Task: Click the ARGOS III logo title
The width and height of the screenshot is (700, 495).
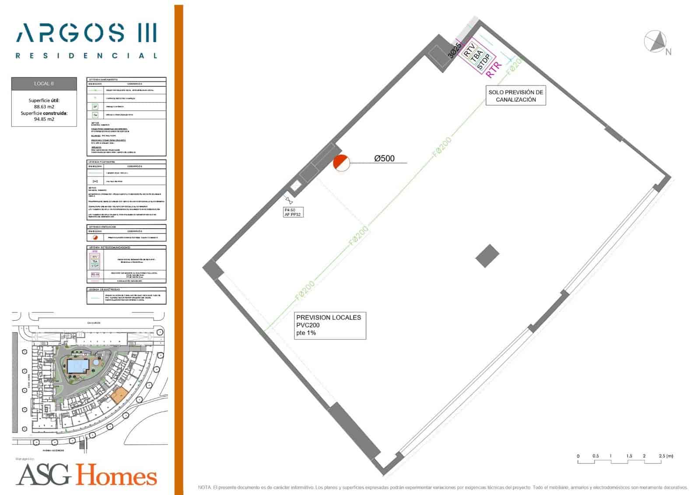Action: [x=86, y=33]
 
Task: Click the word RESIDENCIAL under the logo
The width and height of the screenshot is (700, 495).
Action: [x=86, y=56]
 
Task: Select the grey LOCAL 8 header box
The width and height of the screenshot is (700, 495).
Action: [x=44, y=84]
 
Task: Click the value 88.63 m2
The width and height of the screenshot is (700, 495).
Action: [x=44, y=106]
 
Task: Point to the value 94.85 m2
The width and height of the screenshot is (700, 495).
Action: [x=44, y=119]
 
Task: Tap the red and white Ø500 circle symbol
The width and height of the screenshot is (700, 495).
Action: [x=341, y=163]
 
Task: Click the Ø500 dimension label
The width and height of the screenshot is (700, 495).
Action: [x=384, y=159]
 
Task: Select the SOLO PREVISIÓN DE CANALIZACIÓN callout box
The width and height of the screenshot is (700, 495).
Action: [x=515, y=96]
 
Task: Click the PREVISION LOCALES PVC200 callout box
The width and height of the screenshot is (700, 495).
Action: [x=329, y=325]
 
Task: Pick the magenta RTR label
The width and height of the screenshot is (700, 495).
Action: [x=493, y=70]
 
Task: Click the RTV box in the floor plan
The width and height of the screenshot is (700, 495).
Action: [x=469, y=50]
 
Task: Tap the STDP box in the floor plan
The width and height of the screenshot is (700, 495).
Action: [x=483, y=62]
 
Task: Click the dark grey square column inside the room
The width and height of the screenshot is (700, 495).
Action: [x=487, y=256]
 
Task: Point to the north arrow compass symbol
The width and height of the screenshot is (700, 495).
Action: [x=655, y=41]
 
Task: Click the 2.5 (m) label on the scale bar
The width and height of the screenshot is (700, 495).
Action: [x=666, y=456]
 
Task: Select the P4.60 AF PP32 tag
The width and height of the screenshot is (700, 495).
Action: [x=293, y=212]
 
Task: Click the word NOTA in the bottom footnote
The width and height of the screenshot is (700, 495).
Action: [x=204, y=487]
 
